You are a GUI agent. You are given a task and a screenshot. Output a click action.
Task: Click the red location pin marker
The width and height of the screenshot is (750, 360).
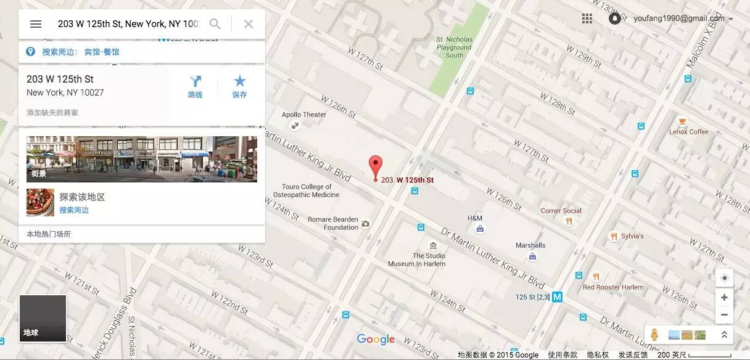point(376,166)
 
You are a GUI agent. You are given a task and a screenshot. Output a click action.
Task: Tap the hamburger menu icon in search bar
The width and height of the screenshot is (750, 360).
point(36,24)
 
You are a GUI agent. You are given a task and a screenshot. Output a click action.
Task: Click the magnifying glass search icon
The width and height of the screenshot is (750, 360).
point(215,24)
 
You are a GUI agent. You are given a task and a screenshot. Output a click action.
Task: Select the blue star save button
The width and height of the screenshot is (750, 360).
point(240,81)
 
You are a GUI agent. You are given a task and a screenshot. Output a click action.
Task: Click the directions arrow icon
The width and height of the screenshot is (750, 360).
point(196,81)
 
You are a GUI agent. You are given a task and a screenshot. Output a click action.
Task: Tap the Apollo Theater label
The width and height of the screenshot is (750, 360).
point(303,115)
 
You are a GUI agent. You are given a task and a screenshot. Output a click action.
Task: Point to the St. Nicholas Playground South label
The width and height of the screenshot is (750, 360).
point(454,47)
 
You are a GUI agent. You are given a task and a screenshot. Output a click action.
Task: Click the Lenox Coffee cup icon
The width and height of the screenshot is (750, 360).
point(683,121)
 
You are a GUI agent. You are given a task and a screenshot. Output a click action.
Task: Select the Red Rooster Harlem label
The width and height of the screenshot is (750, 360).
point(613,287)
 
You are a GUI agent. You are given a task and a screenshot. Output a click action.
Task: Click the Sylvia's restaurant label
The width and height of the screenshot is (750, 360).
point(632,236)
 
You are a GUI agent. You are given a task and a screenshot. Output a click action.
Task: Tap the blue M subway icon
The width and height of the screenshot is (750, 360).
point(558,297)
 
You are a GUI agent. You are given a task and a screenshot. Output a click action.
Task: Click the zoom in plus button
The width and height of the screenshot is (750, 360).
point(724,298)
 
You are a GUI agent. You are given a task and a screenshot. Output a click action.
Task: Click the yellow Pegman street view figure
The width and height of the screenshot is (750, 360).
point(654,335)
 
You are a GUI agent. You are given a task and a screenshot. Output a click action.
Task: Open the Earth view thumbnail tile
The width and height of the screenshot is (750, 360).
point(43,318)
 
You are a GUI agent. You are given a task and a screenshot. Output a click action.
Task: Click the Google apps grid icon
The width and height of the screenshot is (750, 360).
point(587,18)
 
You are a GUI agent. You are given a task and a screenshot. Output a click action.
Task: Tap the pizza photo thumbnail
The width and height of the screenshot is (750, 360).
point(40,203)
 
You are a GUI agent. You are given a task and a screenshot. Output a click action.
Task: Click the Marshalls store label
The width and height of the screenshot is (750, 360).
point(530,245)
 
